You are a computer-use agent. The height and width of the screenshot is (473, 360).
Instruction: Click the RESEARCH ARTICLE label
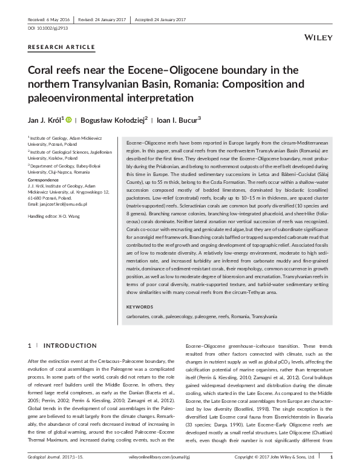[61, 47]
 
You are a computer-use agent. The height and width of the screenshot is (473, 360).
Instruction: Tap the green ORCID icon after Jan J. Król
[70, 120]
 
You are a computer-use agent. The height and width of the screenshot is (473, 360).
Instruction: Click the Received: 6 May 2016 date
[49, 18]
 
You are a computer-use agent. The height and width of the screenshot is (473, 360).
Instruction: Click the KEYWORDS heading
[139, 307]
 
